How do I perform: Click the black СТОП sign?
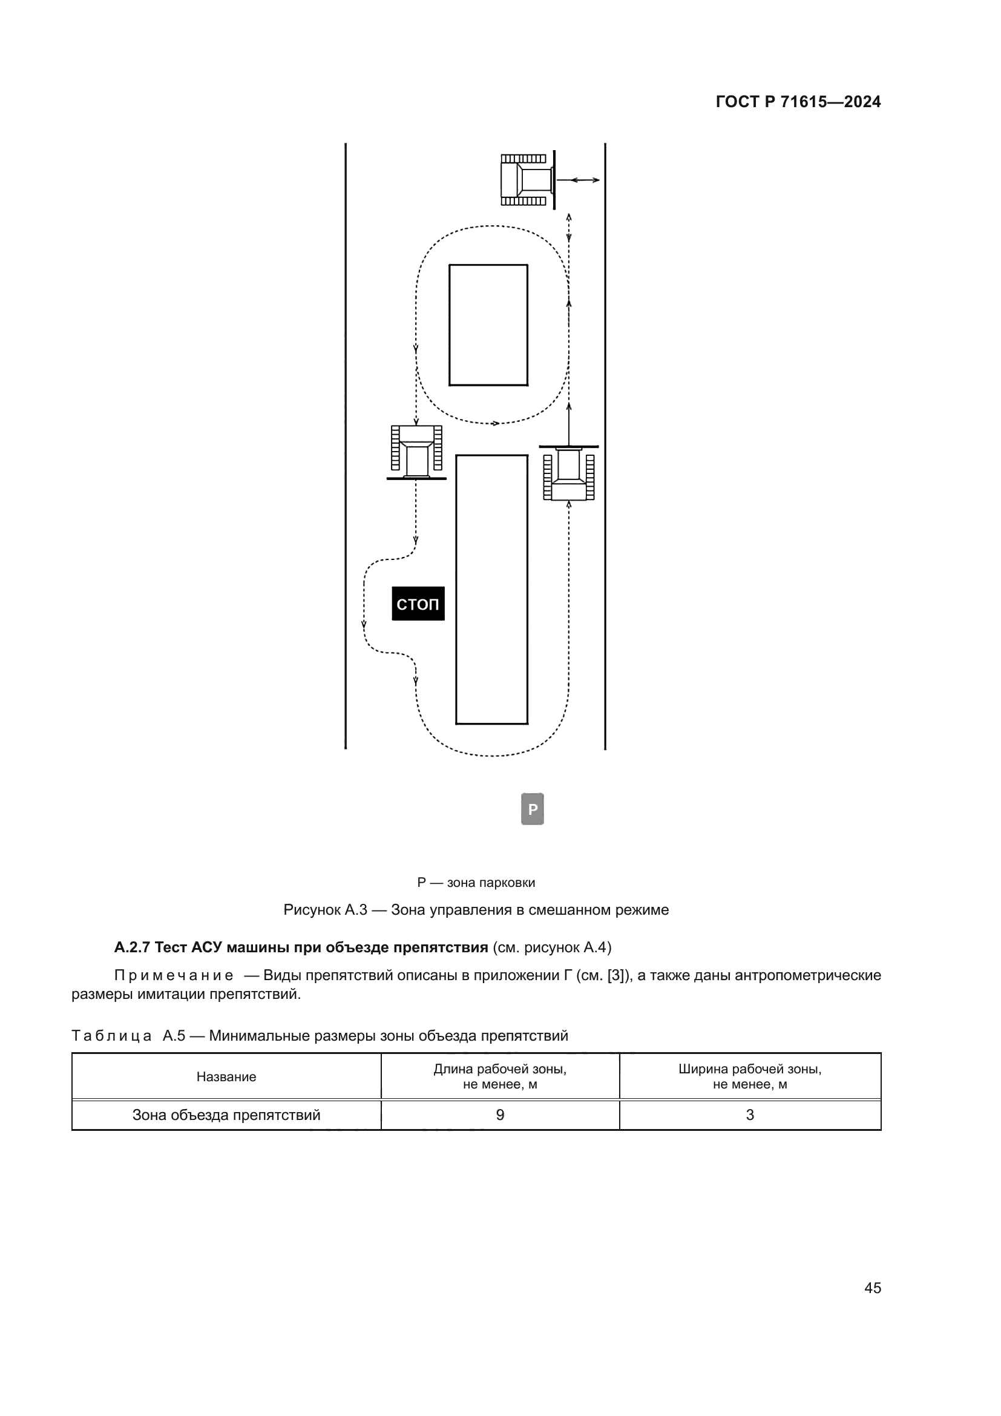418,603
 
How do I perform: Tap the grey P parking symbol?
533,809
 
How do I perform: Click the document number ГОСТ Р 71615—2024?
798,102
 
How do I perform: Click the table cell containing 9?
500,1115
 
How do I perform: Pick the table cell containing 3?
749,1115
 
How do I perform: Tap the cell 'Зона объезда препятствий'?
226,1115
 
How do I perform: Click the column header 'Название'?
226,1077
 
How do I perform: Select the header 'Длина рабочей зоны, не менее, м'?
500,1077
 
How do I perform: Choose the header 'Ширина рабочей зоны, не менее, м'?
749,1077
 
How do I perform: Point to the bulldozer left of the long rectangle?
416,452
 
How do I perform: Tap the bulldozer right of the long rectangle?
569,473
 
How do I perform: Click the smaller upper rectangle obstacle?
488,325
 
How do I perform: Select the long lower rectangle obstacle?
491,589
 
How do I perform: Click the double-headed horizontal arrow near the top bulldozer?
583,179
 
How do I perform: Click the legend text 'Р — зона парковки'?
476,883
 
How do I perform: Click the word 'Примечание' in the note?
174,975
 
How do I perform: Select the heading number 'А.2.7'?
132,947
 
